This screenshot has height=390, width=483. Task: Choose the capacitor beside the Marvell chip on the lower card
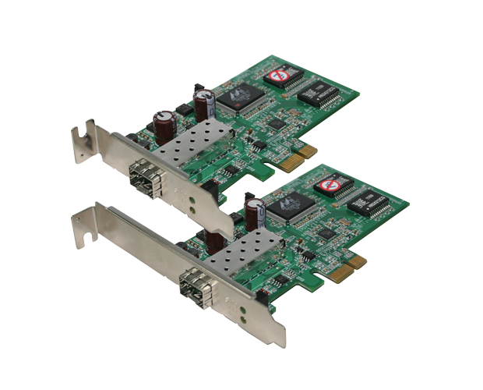click(254, 211)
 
